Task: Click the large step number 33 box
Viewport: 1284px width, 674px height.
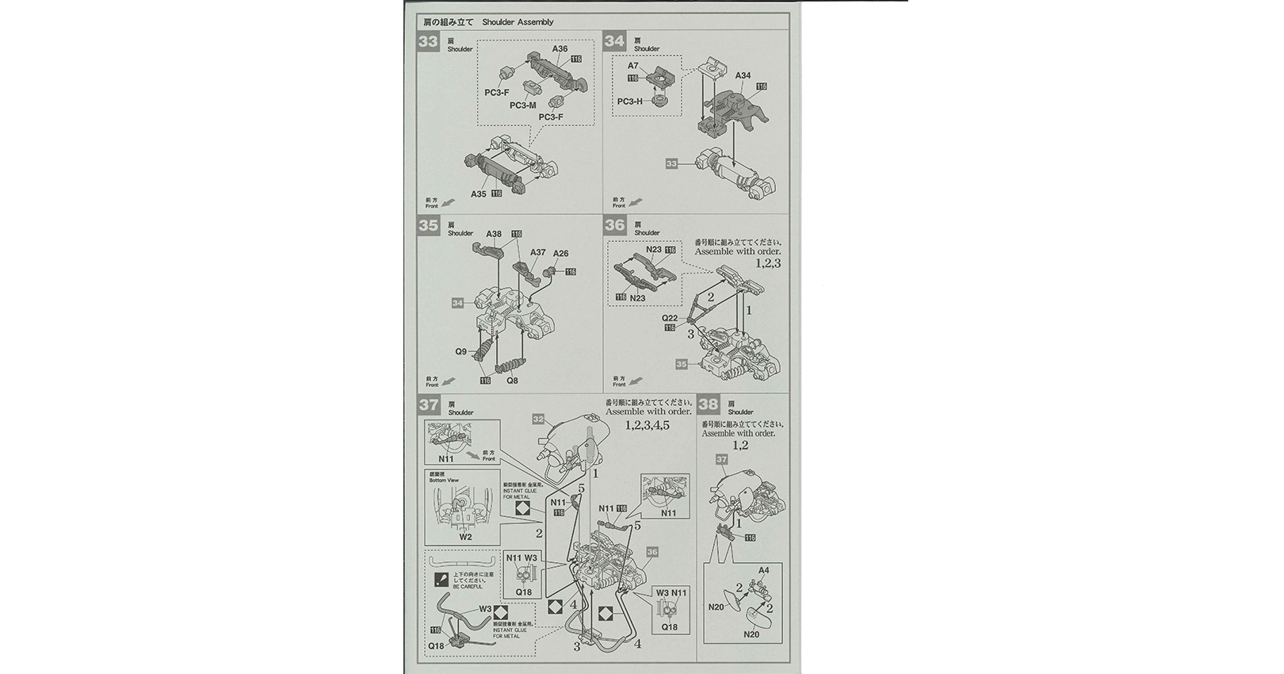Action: tap(428, 41)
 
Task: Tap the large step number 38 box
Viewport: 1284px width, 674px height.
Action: tap(708, 404)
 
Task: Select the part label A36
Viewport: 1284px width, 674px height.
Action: tap(560, 49)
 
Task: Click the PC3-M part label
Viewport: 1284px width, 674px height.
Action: tap(522, 105)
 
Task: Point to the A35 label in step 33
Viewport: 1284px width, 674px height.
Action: tap(479, 193)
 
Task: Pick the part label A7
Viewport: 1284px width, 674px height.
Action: tap(633, 67)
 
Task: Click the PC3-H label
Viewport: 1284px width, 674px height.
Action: tap(630, 101)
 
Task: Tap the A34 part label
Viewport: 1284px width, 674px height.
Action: tap(743, 76)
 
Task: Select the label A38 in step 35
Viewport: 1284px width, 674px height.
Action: tap(494, 234)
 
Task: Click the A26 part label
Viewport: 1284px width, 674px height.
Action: tap(560, 254)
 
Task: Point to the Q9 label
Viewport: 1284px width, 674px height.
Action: tap(460, 351)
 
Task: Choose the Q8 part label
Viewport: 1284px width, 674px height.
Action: tap(512, 381)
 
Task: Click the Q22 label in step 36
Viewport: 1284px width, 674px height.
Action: tap(670, 317)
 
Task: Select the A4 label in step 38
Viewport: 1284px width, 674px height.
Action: tap(763, 570)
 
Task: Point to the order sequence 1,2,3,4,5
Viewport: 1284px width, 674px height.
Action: tap(647, 425)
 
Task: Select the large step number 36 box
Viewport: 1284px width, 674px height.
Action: tap(615, 224)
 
